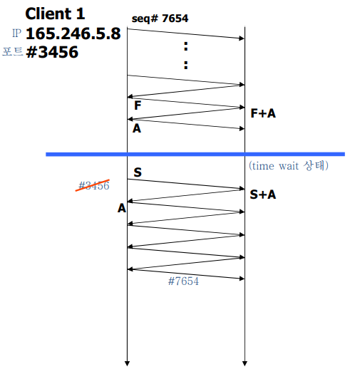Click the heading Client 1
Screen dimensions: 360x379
pos(55,14)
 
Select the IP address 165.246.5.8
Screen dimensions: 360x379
pos(73,33)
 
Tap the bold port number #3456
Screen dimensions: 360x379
pos(52,52)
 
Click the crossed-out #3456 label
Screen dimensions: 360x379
pos(94,186)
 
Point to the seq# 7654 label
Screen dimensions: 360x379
pos(160,19)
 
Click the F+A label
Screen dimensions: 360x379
pos(263,113)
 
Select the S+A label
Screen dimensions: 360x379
pos(263,194)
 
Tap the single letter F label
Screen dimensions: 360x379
pos(138,105)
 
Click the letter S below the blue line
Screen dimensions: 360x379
pos(138,172)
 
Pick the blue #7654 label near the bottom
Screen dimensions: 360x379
pos(183,281)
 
